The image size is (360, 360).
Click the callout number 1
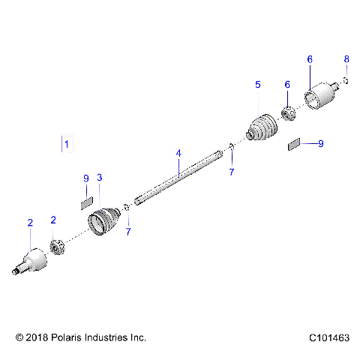66,143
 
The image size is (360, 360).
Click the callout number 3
100,178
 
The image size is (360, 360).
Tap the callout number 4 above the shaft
178,154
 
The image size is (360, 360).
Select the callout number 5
257,85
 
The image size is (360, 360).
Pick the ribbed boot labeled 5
262,127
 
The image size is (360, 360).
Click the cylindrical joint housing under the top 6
320,95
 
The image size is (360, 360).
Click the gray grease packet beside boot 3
86,201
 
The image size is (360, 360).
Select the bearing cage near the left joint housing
56,245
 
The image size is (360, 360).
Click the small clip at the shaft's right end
231,146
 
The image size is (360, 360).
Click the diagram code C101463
327,338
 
